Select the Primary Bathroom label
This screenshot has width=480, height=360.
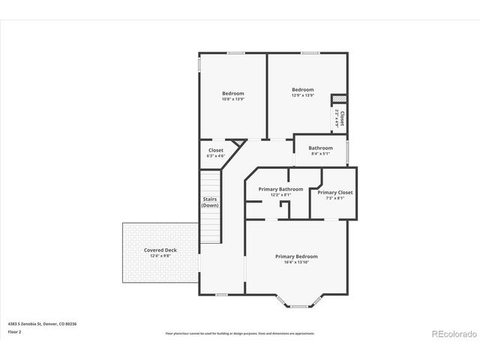tap(280, 189)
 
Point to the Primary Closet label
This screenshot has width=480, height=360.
tap(334, 192)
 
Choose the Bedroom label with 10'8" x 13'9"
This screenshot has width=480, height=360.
tap(232, 93)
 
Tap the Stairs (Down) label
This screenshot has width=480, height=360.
tap(210, 202)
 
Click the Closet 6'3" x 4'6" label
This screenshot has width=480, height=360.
tap(215, 150)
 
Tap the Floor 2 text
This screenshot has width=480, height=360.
tap(15, 331)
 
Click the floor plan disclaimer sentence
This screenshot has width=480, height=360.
tap(240, 331)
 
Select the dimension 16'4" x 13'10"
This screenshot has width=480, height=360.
tap(298, 262)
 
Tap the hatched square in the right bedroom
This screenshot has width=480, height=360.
tap(338, 98)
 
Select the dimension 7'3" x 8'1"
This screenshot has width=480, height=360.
tap(334, 198)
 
